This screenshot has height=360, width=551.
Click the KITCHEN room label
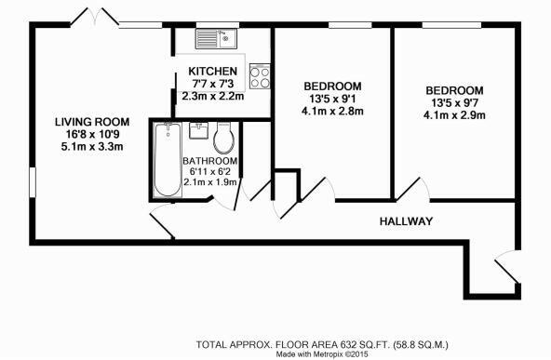pos(212,72)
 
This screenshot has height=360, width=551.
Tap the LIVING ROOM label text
pos(91,122)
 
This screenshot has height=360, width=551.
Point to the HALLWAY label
pos(407,221)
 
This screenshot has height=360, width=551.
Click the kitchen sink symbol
pos(216,39)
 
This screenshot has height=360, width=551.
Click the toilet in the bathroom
pos(224,140)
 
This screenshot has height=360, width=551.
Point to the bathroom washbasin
pos(198,131)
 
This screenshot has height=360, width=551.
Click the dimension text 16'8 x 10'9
pos(91,134)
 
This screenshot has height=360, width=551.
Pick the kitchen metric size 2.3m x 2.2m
pos(212,94)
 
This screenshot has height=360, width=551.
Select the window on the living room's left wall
pos(29,182)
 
